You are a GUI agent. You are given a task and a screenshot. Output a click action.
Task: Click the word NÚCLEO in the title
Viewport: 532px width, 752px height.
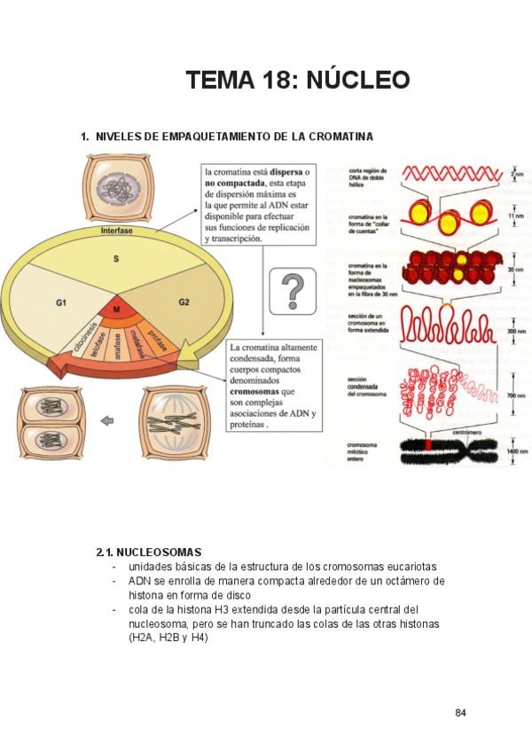pyautogui.click(x=358, y=80)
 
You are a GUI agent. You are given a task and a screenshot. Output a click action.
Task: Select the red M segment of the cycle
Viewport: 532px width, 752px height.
pyautogui.click(x=115, y=309)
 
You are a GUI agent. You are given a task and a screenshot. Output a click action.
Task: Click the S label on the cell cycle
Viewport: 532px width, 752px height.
pyautogui.click(x=115, y=258)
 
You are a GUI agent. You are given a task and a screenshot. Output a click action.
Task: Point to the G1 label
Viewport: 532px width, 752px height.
pyautogui.click(x=61, y=303)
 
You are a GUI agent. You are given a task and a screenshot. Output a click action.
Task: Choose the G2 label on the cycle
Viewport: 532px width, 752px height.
pyautogui.click(x=184, y=302)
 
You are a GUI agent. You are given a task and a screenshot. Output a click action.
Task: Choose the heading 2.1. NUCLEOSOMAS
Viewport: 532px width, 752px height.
pyautogui.click(x=148, y=552)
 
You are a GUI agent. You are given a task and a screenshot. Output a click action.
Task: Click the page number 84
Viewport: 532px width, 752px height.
pyautogui.click(x=460, y=714)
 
